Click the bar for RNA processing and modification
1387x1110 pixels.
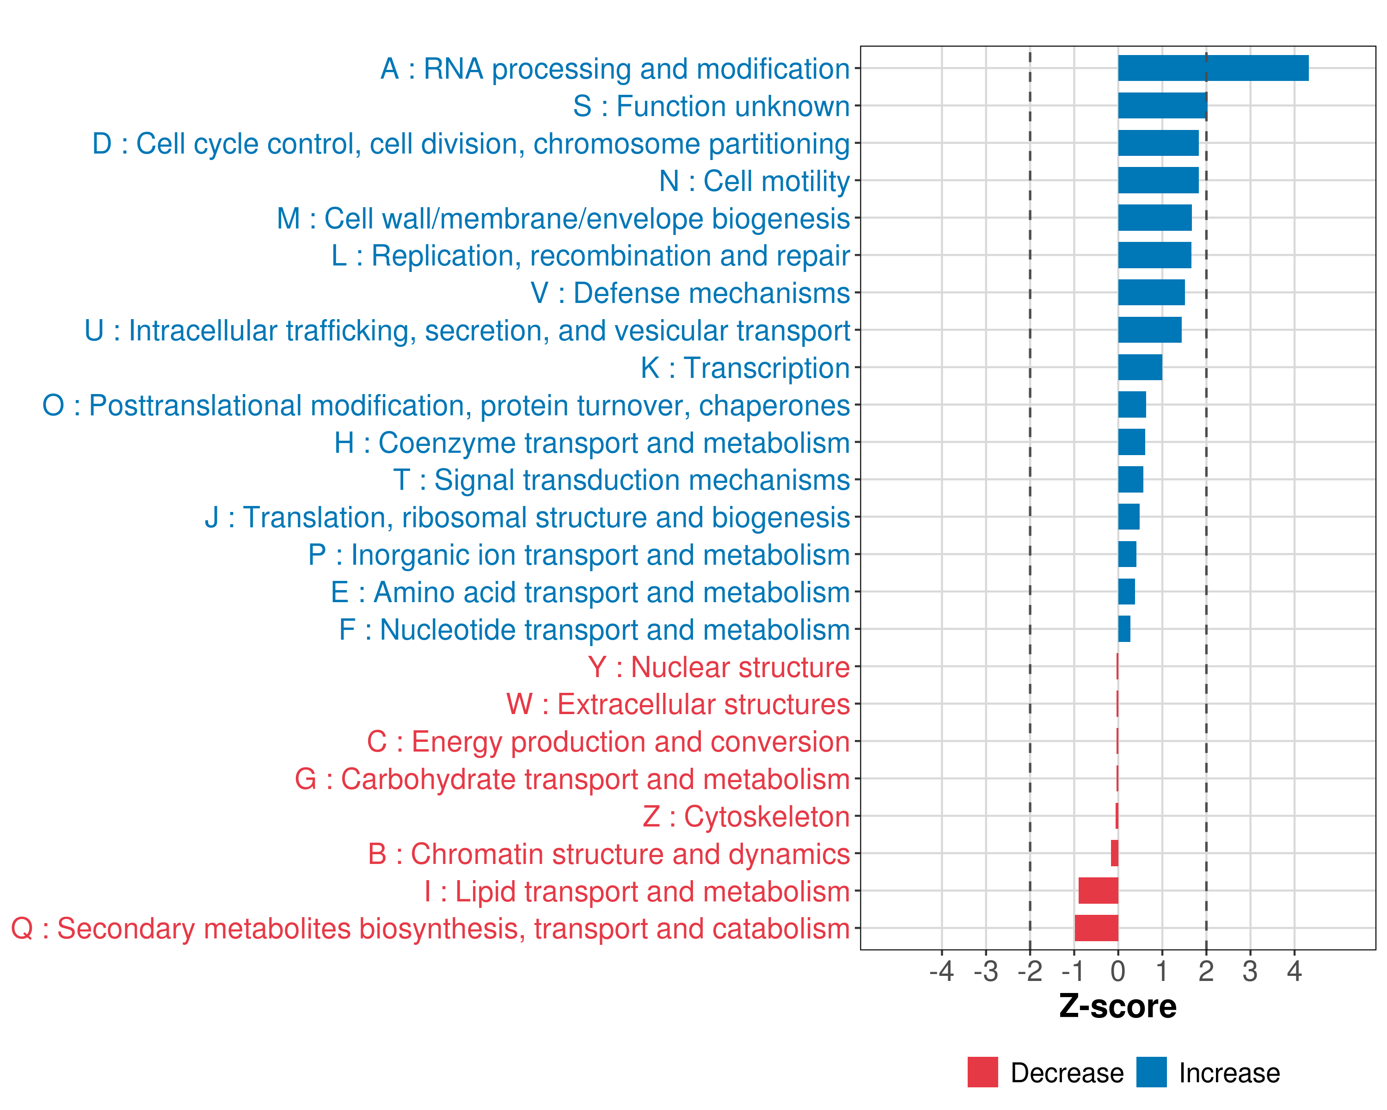point(1213,68)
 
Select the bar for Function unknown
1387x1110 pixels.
point(1162,105)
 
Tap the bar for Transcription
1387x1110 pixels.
point(1140,367)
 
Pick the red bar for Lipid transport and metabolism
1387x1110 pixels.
point(1098,891)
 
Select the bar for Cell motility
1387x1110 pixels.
point(1158,180)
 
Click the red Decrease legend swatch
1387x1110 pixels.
point(982,1072)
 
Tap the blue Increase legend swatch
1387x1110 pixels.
point(1151,1072)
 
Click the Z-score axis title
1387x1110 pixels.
point(1117,1006)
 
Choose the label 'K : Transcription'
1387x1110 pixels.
point(745,368)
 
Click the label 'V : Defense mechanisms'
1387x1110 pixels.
point(690,293)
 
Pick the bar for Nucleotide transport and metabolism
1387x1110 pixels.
point(1124,629)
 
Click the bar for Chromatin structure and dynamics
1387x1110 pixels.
point(1114,853)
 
